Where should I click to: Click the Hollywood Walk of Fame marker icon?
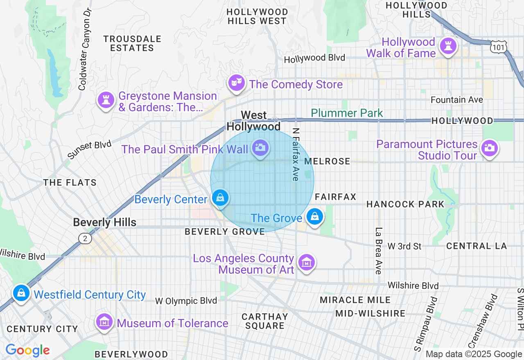point(448,46)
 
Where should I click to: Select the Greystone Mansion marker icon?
point(106,100)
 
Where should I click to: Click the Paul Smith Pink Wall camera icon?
point(260,148)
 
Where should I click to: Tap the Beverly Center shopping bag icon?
point(220,198)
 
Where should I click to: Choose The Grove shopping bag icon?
point(315,216)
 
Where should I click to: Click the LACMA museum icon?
point(306,262)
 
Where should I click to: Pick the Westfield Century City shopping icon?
point(20,293)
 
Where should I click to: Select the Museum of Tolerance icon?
point(105,322)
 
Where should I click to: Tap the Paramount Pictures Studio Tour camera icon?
point(490,148)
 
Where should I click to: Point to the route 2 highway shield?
point(85,238)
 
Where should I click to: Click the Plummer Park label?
point(347,113)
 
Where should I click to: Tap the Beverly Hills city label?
point(104,223)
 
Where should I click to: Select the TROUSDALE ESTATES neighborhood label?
point(132,43)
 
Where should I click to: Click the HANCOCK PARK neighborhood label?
point(405,204)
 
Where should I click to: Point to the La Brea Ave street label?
point(378,251)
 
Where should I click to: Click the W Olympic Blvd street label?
point(186,301)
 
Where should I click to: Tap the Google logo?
point(27,350)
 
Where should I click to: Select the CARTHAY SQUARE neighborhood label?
point(265,321)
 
